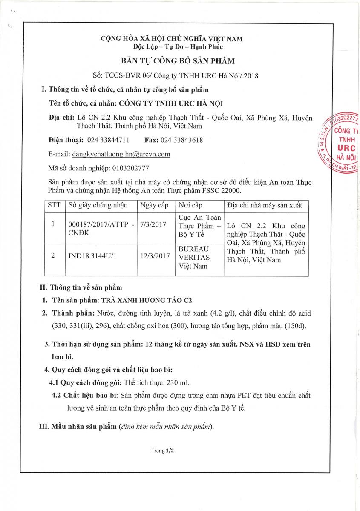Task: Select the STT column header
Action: tap(54, 205)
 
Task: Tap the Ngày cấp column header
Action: tap(154, 205)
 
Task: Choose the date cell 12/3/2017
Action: tap(155, 255)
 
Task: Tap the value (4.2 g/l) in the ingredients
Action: tap(225, 313)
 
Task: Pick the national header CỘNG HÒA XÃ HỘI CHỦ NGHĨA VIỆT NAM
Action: tap(172, 39)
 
